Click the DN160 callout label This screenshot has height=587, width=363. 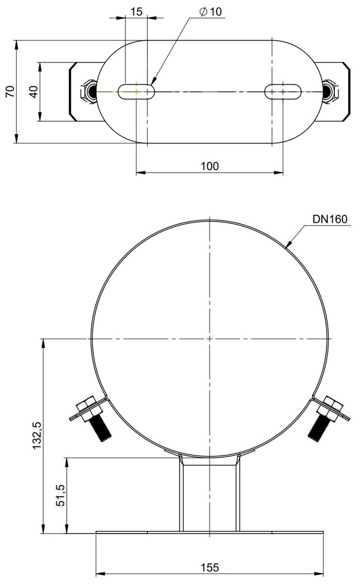(330, 219)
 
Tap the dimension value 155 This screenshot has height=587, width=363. (209, 567)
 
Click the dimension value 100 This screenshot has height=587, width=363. (210, 166)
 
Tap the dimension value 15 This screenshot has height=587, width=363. (136, 11)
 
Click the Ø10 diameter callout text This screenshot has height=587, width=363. (211, 11)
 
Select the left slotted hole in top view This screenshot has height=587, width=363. (136, 91)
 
